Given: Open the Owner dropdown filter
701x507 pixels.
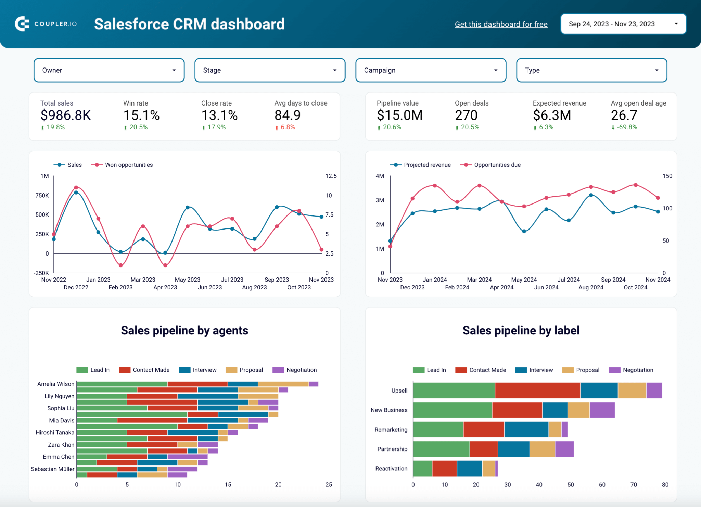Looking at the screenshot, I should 109,70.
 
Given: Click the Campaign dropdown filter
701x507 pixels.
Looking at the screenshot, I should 431,70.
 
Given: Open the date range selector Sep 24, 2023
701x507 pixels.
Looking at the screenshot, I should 623,24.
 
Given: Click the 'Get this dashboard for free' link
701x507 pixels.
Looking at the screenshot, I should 501,24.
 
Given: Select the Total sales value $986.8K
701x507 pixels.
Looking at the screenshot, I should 66,115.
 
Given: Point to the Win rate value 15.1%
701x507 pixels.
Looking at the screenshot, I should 141,115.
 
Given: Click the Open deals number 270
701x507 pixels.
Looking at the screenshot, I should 466,115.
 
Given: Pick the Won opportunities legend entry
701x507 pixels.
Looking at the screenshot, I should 128,165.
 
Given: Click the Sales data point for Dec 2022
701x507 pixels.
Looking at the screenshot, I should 76,193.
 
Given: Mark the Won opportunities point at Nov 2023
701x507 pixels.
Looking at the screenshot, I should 321,250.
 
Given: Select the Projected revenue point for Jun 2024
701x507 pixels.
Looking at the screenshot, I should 546,209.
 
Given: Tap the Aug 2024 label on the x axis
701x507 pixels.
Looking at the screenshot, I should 591,287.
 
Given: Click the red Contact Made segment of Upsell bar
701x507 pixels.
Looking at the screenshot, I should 537,391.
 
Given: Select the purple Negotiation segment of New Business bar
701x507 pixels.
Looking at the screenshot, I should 602,410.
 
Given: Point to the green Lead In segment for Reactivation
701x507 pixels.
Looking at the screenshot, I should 422,469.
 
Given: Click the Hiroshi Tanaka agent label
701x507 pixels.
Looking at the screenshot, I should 55,433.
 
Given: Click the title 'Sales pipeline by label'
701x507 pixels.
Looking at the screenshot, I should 521,331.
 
